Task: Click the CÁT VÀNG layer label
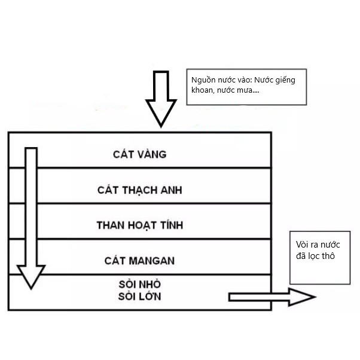tap(139, 154)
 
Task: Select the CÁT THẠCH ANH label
tap(139, 190)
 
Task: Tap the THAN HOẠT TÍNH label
tap(139, 225)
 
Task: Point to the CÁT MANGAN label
tap(139, 261)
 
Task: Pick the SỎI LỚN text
tap(139, 296)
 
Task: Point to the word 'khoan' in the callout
tap(203, 91)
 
